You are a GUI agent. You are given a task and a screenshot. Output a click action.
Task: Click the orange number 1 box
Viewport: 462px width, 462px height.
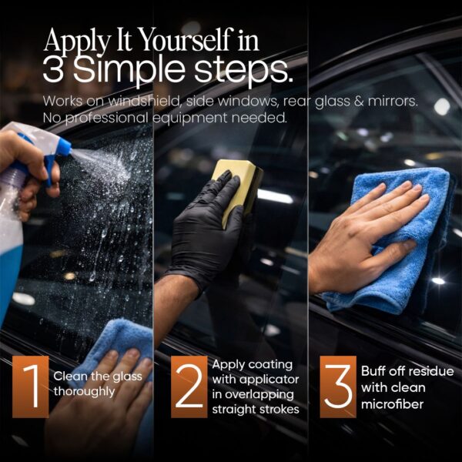pyautogui.click(x=30, y=387)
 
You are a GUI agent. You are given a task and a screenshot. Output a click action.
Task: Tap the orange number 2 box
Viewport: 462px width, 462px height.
pyautogui.click(x=189, y=387)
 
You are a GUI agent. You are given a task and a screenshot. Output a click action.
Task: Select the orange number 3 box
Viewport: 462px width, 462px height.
pyautogui.click(x=338, y=387)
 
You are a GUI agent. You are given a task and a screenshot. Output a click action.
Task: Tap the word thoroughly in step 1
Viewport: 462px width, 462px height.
pyautogui.click(x=84, y=390)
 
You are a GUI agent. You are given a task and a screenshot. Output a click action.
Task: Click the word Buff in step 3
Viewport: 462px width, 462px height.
pyautogui.click(x=373, y=370)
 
